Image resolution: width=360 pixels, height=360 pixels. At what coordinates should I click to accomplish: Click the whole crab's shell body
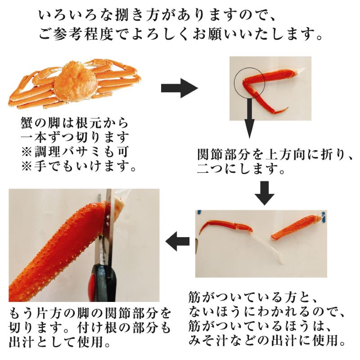(x=75, y=81)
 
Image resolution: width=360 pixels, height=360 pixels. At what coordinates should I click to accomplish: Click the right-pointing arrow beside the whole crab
(x=179, y=88)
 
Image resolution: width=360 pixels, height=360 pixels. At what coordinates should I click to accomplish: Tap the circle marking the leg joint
(x=250, y=83)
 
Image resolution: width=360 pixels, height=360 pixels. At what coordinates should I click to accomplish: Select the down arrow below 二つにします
(x=264, y=193)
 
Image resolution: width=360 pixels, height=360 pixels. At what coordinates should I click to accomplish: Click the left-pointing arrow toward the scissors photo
(x=178, y=241)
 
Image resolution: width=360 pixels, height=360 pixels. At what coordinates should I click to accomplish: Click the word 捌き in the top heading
(x=130, y=15)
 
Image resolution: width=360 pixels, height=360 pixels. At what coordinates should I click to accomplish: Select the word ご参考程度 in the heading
(x=76, y=34)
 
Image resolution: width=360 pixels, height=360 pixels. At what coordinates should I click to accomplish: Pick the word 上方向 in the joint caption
(x=286, y=154)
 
